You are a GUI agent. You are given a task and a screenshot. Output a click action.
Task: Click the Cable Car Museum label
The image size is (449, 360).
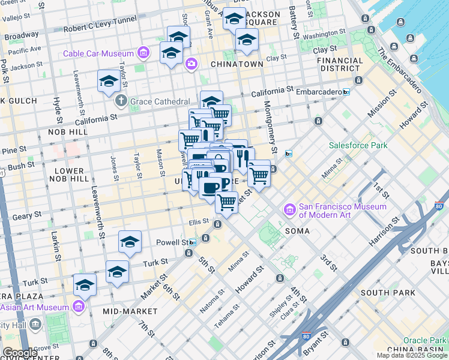pyautogui.click(x=99, y=54)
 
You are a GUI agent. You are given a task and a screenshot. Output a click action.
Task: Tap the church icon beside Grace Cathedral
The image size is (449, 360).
pyautogui.click(x=121, y=101)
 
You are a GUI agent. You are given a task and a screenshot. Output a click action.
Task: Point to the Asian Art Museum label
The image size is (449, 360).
pyautogui.click(x=35, y=307)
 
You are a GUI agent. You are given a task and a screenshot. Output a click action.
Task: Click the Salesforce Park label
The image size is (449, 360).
pyautogui.click(x=358, y=145)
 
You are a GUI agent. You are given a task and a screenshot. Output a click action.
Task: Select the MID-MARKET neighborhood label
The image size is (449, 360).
pyautogui.click(x=130, y=311)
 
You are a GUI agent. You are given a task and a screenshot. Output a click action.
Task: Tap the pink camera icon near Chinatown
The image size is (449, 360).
pyautogui.click(x=191, y=63)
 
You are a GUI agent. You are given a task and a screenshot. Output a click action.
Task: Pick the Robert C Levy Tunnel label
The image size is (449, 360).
pyautogui.click(x=100, y=28)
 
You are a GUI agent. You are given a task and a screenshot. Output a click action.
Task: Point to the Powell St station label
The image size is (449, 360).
pyautogui.click(x=172, y=242)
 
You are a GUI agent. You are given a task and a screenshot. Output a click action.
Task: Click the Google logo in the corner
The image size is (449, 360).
pyautogui.click(x=20, y=353)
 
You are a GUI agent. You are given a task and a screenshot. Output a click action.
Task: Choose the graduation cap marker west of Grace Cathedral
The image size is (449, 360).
pyautogui.click(x=109, y=80)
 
